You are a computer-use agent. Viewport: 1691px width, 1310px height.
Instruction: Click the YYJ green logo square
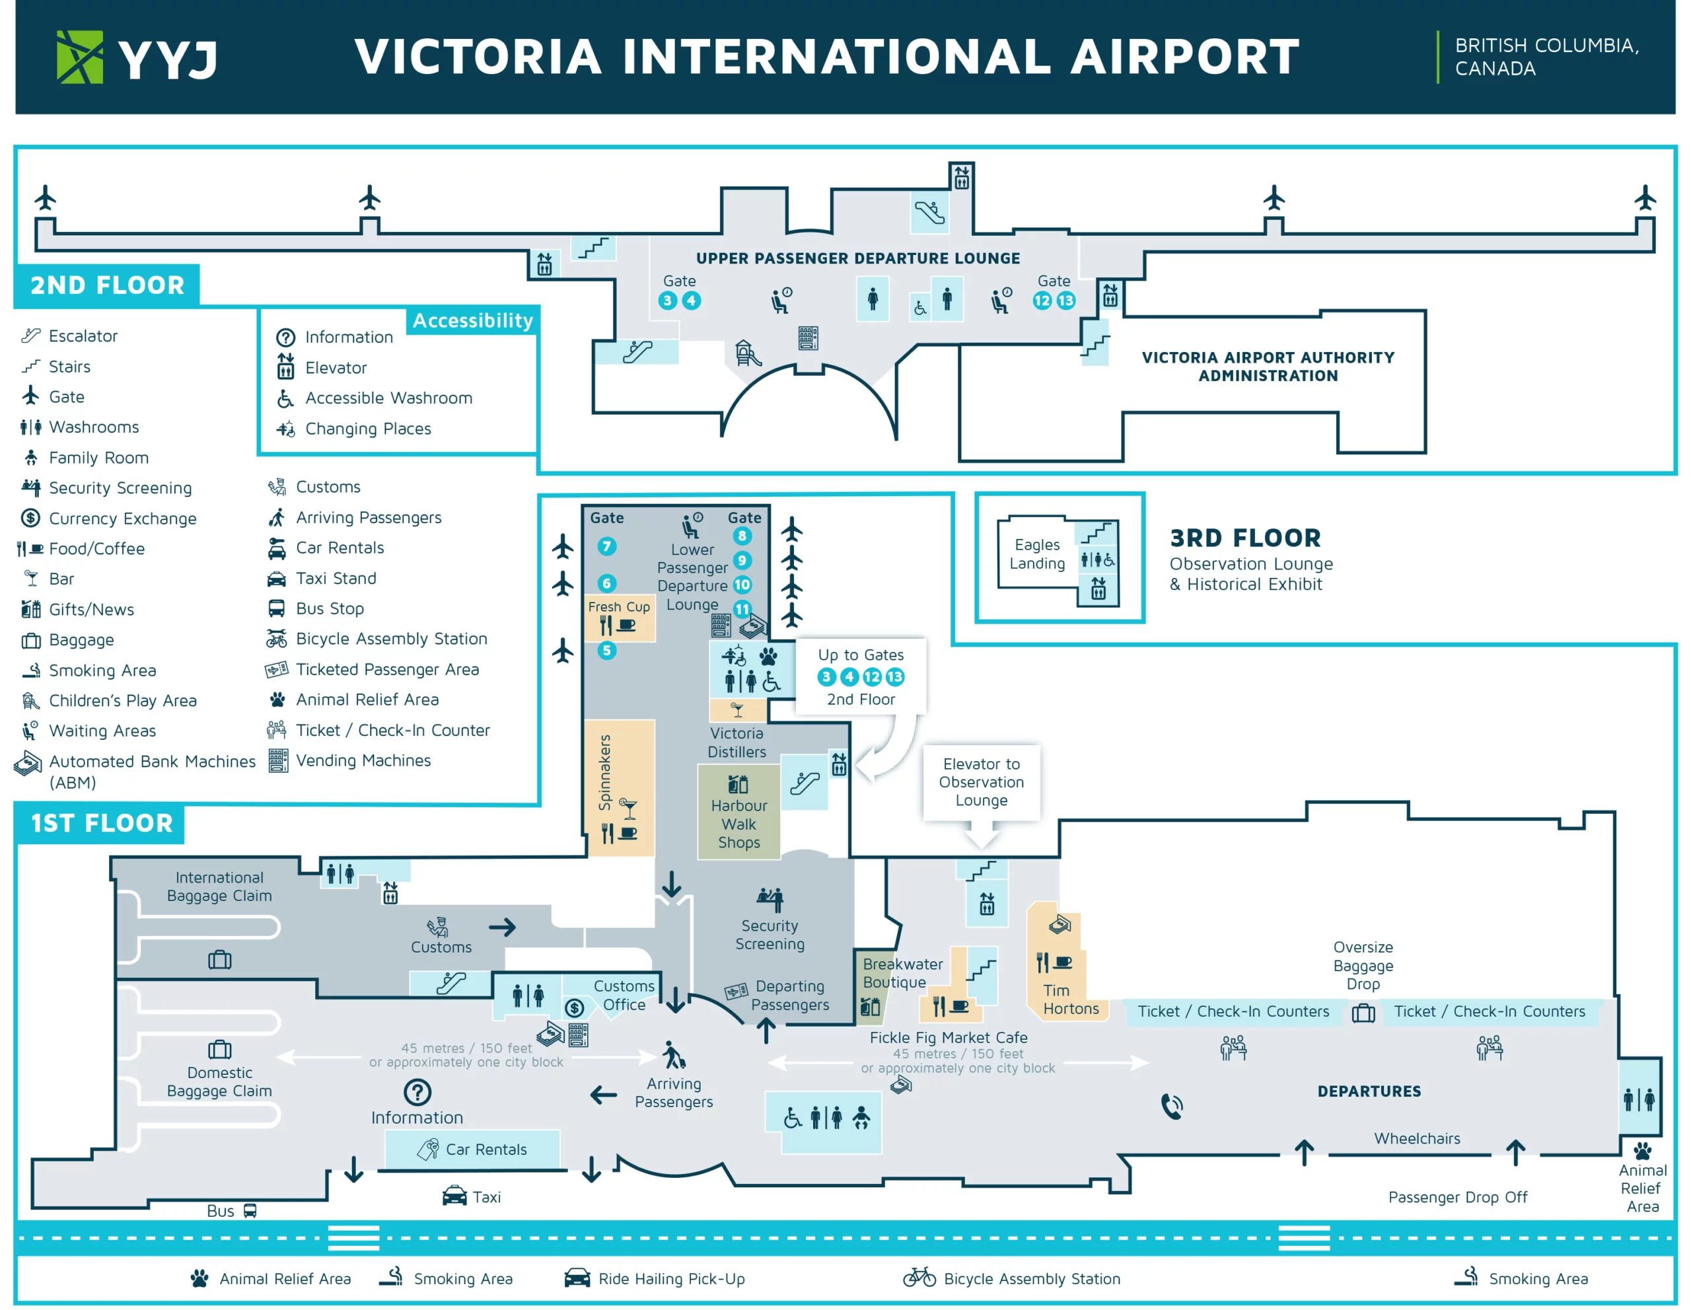point(79,57)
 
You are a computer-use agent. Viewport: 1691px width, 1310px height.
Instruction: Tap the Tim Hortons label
point(1070,999)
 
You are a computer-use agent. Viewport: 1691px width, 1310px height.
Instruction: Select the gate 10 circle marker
point(742,585)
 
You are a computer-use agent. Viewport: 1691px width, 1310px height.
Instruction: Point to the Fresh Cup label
point(619,606)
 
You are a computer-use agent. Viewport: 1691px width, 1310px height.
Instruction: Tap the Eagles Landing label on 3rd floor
point(1037,554)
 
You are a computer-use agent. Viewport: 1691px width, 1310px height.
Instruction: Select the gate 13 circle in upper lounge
point(1066,301)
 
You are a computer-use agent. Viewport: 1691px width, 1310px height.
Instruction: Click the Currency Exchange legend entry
point(122,518)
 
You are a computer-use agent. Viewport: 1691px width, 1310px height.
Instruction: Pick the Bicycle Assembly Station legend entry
point(391,638)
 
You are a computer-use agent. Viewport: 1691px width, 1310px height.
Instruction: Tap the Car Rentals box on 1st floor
point(472,1149)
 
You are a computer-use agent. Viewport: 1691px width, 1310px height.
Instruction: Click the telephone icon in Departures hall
point(1171,1106)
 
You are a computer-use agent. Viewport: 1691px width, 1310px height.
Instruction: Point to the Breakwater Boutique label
point(902,972)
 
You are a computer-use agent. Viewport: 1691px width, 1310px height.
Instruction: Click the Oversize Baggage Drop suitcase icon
point(1363,1013)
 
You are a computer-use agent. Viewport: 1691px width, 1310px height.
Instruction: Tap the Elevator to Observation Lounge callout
point(981,782)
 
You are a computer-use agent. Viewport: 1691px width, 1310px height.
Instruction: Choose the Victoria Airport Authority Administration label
point(1268,366)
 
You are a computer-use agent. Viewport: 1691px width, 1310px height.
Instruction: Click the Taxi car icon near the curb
point(454,1196)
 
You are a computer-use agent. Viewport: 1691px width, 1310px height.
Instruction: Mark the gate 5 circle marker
point(607,650)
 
